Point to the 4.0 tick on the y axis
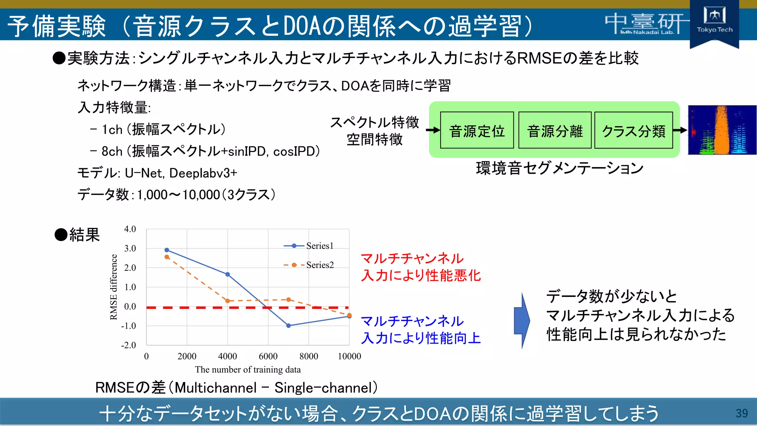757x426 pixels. pyautogui.click(x=130, y=229)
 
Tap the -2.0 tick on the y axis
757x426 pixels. pyautogui.click(x=129, y=345)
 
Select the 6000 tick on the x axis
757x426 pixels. pyautogui.click(x=268, y=356)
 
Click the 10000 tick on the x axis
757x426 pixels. pyautogui.click(x=349, y=356)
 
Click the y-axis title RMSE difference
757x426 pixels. pyautogui.click(x=113, y=287)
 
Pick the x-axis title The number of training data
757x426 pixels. pyautogui.click(x=248, y=369)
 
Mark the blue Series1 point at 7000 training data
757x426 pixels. pyautogui.click(x=289, y=325)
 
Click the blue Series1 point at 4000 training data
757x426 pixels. pyautogui.click(x=228, y=274)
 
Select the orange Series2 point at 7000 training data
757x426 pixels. pyautogui.click(x=289, y=300)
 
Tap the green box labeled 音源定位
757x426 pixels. pyautogui.click(x=477, y=131)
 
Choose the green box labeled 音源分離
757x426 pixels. pyautogui.click(x=555, y=131)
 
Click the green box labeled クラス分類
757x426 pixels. pyautogui.click(x=634, y=131)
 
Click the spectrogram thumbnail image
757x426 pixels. pyautogui.click(x=722, y=130)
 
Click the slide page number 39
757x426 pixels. pyautogui.click(x=741, y=413)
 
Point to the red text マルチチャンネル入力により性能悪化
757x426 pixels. pyautogui.click(x=420, y=267)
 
